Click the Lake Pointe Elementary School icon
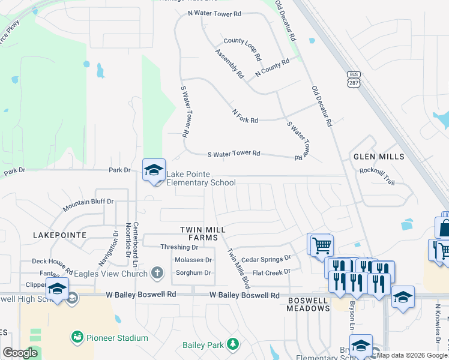(x=154, y=170)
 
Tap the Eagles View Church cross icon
(x=157, y=274)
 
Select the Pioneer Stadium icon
(x=77, y=338)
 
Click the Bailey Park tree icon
(x=232, y=344)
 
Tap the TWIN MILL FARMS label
(x=203, y=234)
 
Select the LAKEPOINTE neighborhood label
(x=59, y=235)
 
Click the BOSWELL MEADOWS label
(x=309, y=304)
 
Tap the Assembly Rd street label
(x=230, y=64)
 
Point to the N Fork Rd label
(x=245, y=116)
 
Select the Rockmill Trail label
(x=377, y=171)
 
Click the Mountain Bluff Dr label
(x=88, y=205)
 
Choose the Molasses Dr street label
(x=192, y=260)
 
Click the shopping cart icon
(x=321, y=244)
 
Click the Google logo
(x=20, y=353)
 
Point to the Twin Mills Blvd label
(x=237, y=269)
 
